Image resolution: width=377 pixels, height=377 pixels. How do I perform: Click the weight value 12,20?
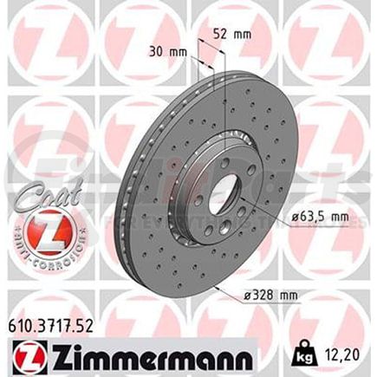coord(338,356)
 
